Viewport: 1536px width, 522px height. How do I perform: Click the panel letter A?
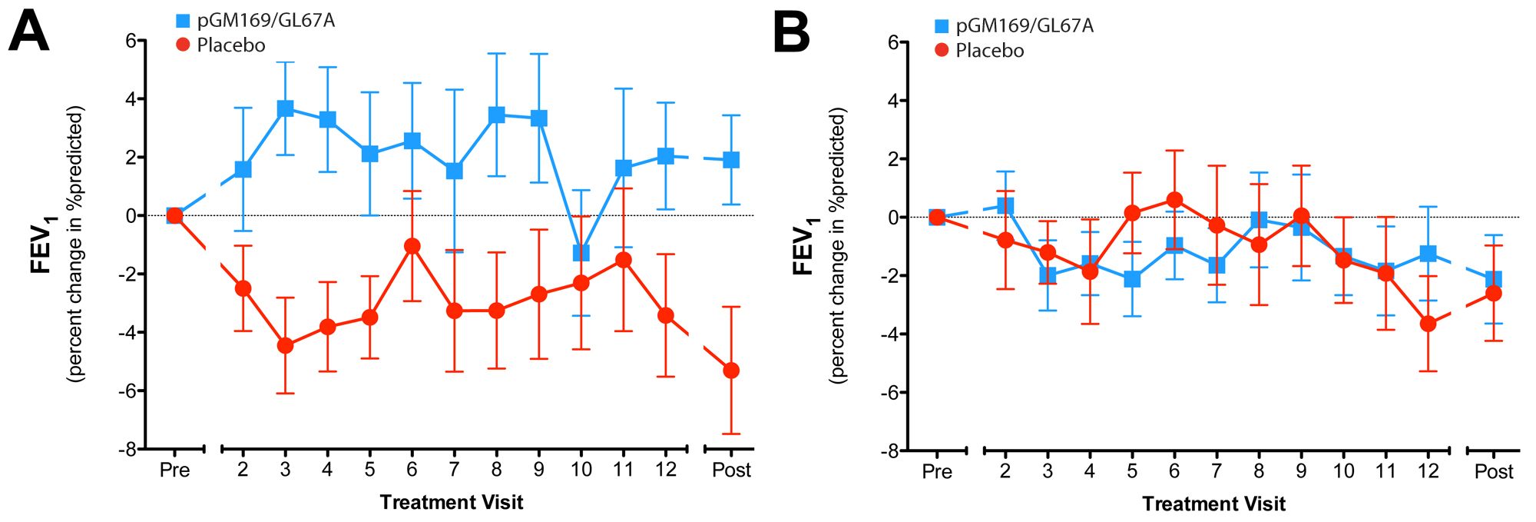29,32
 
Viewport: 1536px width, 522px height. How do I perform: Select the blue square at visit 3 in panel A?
286,108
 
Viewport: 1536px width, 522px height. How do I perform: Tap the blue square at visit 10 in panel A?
581,253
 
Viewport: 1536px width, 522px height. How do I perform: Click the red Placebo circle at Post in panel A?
731,371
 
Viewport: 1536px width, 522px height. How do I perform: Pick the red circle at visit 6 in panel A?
412,246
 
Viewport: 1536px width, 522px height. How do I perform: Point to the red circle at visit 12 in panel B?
1428,324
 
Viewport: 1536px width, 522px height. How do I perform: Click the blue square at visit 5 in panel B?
1132,279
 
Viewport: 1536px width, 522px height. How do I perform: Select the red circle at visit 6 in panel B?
1174,200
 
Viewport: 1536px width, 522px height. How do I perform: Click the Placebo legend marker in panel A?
183,45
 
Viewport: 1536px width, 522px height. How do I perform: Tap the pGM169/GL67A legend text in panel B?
1025,26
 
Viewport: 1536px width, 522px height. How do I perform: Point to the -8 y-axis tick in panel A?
127,449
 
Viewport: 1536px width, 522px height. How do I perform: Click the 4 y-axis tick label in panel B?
894,101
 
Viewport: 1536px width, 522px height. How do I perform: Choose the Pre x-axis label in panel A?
174,470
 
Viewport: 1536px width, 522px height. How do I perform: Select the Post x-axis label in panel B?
1494,471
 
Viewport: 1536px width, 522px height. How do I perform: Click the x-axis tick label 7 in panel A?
455,470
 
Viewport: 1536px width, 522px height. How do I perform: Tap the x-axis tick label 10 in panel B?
1343,471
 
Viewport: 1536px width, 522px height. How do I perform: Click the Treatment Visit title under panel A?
452,503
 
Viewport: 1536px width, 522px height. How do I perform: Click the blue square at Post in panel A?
731,160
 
